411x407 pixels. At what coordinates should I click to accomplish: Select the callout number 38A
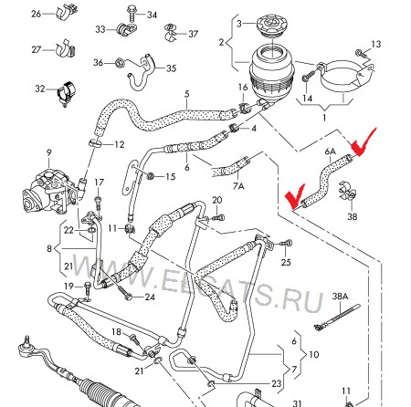pos(340,296)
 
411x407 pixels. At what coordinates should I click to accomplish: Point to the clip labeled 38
pos(347,192)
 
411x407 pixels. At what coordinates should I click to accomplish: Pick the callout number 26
pos(37,14)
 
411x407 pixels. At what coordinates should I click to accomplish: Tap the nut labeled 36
pos(119,63)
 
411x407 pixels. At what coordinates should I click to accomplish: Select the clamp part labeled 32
pos(67,92)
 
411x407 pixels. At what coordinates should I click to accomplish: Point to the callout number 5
pos(186,94)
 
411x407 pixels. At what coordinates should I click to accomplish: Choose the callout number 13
pos(376,45)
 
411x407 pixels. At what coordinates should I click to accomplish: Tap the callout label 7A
pos(238,185)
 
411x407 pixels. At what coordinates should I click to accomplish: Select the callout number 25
pos(286,262)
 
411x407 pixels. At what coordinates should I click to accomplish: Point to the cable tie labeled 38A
pos(337,318)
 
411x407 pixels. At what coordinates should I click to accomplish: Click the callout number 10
pos(314,355)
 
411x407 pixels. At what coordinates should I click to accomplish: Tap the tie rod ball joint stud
pos(26,341)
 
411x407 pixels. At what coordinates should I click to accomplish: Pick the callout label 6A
pos(331,151)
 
